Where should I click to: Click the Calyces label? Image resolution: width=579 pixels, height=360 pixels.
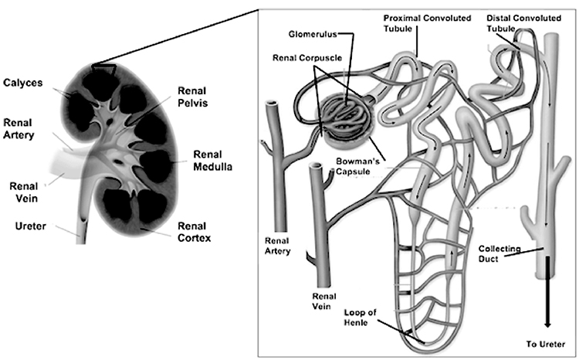[x=23, y=83]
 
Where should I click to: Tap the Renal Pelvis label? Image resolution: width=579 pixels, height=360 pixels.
[x=192, y=97]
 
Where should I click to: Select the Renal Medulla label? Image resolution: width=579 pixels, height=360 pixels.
[x=213, y=161]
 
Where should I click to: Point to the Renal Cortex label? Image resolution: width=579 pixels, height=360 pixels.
[x=195, y=232]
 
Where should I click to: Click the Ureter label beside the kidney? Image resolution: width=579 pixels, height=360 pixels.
[x=31, y=226]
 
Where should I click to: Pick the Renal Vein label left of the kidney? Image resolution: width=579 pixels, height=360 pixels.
[x=24, y=192]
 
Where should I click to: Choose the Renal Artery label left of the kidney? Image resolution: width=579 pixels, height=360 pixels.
[x=19, y=128]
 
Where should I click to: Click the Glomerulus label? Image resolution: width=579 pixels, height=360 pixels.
[x=313, y=34]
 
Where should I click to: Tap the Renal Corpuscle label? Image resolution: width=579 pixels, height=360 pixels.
[x=307, y=58]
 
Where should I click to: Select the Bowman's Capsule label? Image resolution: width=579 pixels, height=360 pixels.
[x=357, y=166]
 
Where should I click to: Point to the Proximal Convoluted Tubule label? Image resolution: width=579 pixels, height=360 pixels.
[x=427, y=23]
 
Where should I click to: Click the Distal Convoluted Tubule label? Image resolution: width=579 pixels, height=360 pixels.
[x=523, y=23]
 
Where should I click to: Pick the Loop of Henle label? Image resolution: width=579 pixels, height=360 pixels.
[x=360, y=318]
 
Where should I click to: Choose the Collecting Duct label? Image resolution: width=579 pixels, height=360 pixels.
[x=499, y=253]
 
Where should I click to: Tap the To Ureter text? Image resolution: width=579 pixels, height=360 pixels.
[x=546, y=344]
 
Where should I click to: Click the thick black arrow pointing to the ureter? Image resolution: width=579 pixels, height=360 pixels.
[x=547, y=292]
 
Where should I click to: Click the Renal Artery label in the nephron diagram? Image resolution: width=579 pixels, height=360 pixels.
[x=277, y=246]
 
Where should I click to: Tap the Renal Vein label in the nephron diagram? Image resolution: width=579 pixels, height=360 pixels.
[x=323, y=301]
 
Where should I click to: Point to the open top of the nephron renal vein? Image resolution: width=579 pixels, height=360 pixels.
[x=317, y=166]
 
